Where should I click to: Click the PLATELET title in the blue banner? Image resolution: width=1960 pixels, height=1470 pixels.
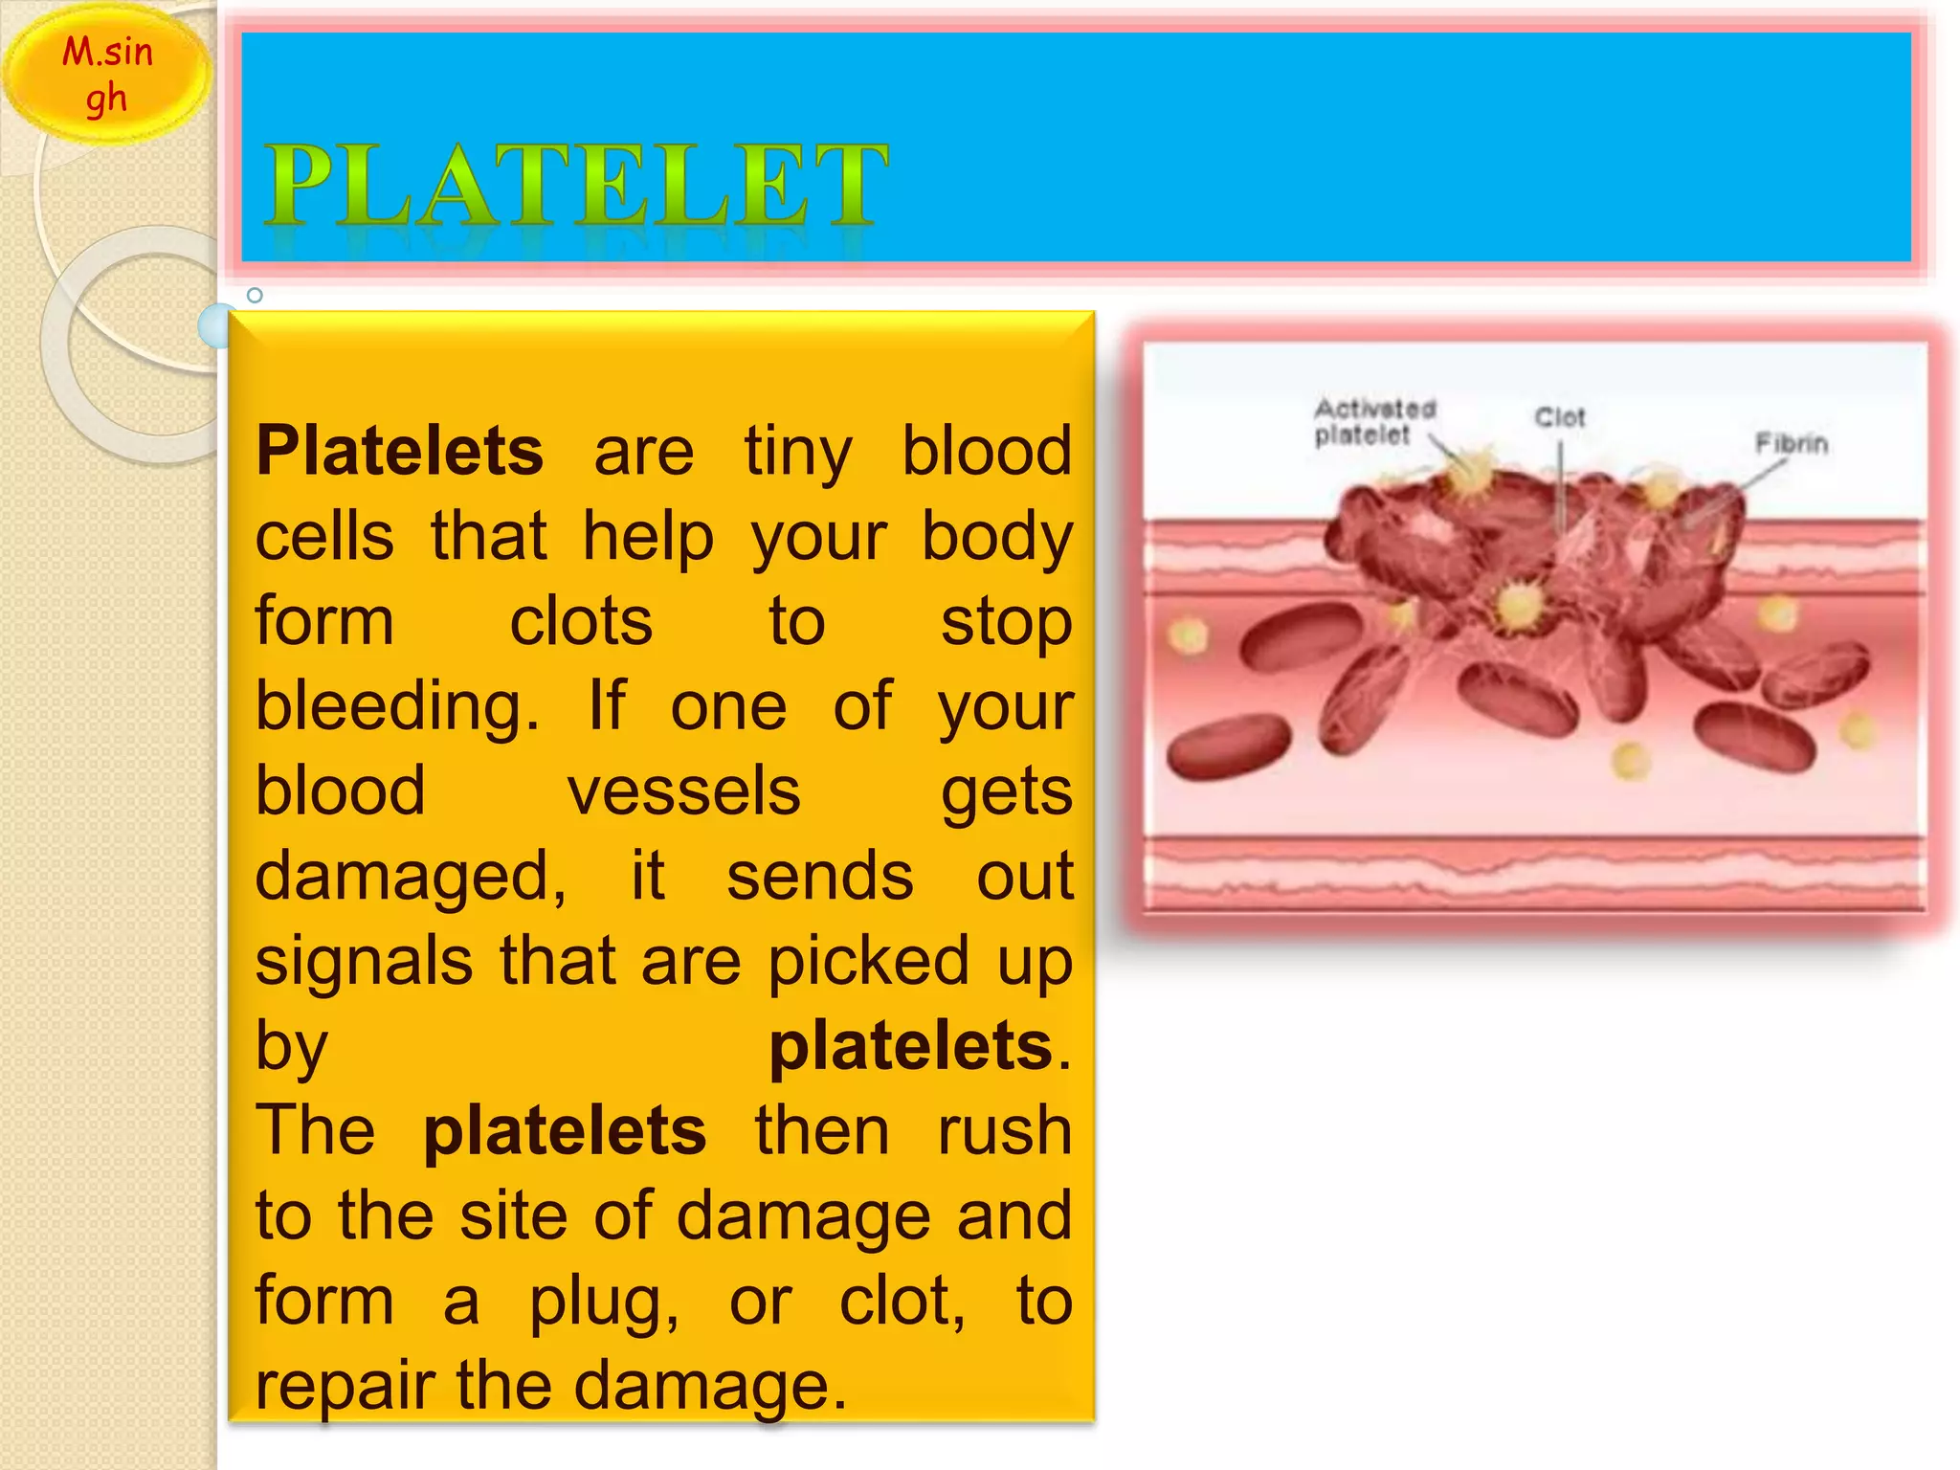577,186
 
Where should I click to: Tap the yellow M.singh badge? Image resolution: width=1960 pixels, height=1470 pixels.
106,75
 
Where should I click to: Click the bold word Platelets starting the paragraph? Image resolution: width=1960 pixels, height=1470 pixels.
399,452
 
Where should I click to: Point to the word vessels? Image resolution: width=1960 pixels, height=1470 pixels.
683,792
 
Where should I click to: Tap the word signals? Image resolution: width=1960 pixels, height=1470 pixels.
364,961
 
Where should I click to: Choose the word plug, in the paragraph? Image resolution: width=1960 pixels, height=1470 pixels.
605,1302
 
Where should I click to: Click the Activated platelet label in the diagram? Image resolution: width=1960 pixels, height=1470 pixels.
1373,422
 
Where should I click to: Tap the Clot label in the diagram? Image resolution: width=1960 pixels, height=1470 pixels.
1559,418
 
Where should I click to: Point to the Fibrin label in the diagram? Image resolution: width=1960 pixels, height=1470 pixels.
1791,444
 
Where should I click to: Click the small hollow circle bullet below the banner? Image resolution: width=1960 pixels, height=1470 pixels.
255,296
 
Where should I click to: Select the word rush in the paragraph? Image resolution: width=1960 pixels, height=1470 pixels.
1004,1131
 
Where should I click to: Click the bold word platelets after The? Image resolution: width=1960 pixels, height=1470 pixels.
565,1131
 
